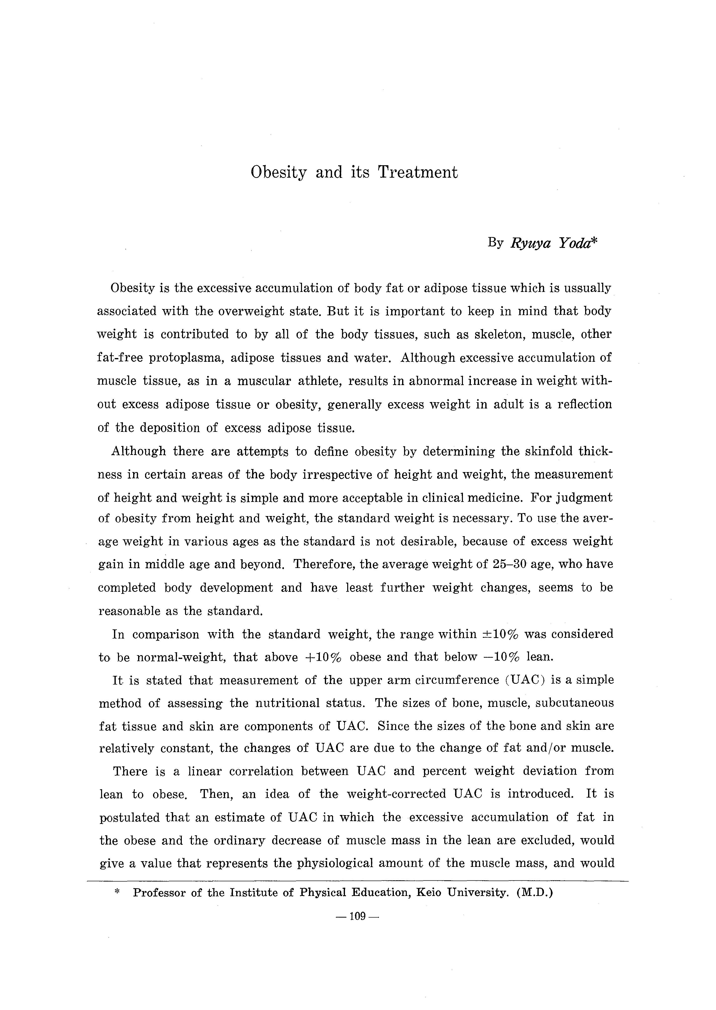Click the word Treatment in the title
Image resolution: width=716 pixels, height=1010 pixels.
(x=417, y=172)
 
